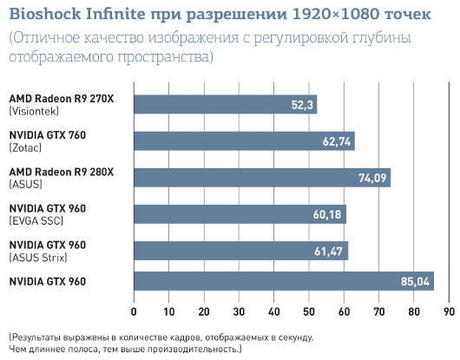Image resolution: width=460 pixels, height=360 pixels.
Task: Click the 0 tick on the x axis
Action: pos(134,310)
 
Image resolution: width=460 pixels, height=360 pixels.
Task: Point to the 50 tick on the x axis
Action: pos(309,310)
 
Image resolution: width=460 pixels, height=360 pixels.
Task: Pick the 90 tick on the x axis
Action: pos(449,310)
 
